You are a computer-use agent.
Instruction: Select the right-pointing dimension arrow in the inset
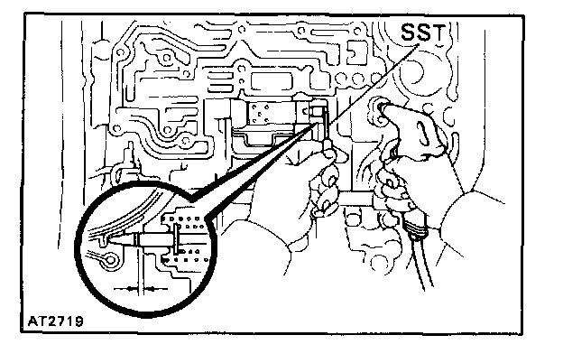click(153, 287)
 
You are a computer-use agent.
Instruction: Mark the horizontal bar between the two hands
click(356, 194)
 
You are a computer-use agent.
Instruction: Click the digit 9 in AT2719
click(70, 320)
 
